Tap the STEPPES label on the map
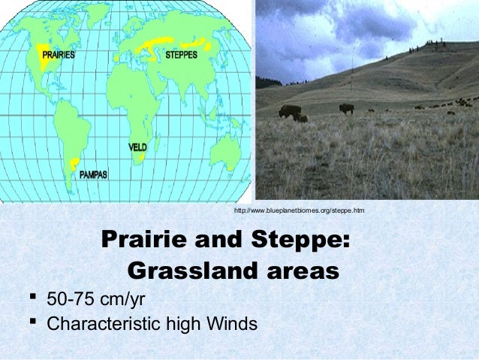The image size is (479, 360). [182, 55]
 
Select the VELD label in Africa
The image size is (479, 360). [137, 147]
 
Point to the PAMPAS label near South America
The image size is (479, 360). [94, 174]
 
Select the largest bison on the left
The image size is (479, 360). [291, 113]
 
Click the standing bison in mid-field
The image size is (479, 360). [346, 108]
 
